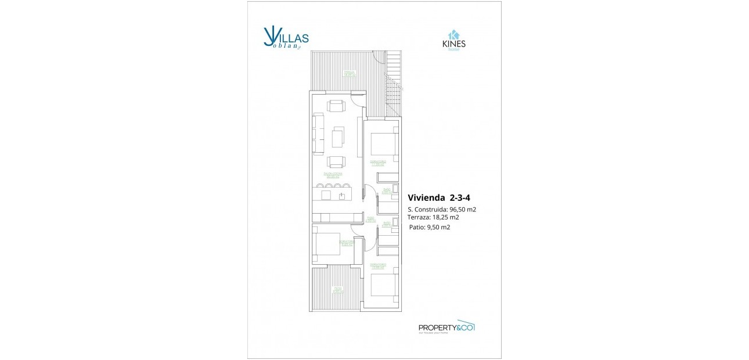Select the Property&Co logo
pyautogui.click(x=446, y=327)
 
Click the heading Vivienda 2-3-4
pyautogui.click(x=438, y=197)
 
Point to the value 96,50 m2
pyautogui.click(x=463, y=209)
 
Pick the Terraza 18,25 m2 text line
pyautogui.click(x=433, y=217)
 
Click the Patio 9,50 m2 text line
pyautogui.click(x=429, y=227)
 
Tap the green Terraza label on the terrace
pyautogui.click(x=348, y=74)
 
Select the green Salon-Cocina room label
pyautogui.click(x=333, y=175)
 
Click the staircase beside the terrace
pyautogui.click(x=394, y=84)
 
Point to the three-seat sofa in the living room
pyautogui.click(x=318, y=134)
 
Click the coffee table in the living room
pyautogui.click(x=338, y=137)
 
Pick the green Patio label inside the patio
pyautogui.click(x=336, y=290)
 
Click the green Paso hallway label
pyautogui.click(x=370, y=219)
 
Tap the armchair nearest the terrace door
pyautogui.click(x=336, y=106)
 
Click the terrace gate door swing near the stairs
pyautogui.click(x=379, y=56)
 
